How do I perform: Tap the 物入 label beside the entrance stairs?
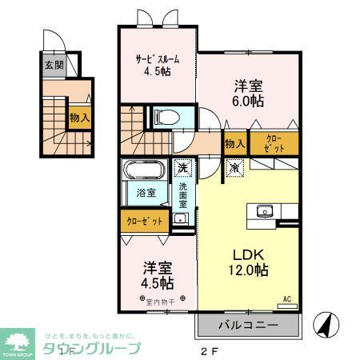click(79, 118)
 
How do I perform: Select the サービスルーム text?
click(158, 59)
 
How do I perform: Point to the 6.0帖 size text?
click(250, 102)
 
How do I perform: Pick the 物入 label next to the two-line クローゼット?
click(235, 144)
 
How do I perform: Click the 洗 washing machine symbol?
click(183, 168)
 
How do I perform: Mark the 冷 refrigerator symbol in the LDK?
click(234, 168)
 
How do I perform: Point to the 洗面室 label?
click(183, 195)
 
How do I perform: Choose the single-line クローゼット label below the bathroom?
click(144, 220)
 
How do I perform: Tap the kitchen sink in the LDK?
click(266, 211)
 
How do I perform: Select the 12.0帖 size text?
click(249, 270)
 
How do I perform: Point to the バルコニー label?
click(247, 326)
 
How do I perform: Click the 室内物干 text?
click(160, 301)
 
